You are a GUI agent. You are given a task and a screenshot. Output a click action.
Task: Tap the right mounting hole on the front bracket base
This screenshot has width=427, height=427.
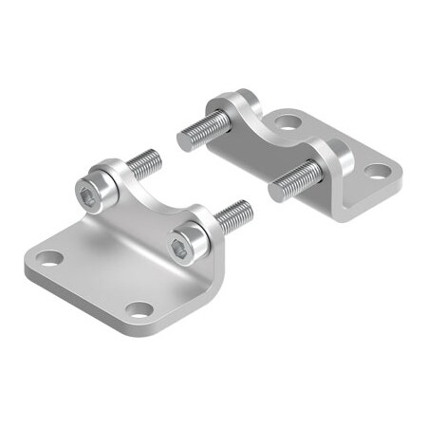pos(139,309)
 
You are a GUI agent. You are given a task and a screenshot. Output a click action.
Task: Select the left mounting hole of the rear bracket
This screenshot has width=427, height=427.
pos(288,121)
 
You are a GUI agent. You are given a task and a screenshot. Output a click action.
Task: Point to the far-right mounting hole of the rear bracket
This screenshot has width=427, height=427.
pos(378,172)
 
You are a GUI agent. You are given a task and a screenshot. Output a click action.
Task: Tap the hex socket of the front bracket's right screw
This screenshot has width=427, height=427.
pos(181,248)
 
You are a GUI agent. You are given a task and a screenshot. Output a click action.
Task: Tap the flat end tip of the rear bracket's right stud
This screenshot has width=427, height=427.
pos(276,192)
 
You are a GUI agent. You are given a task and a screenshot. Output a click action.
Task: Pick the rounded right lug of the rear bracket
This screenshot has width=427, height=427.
pos(332,152)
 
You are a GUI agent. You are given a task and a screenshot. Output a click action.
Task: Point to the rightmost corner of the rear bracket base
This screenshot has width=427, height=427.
pos(399,176)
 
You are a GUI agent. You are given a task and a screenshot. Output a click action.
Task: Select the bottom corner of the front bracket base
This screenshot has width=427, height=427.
pos(152,327)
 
